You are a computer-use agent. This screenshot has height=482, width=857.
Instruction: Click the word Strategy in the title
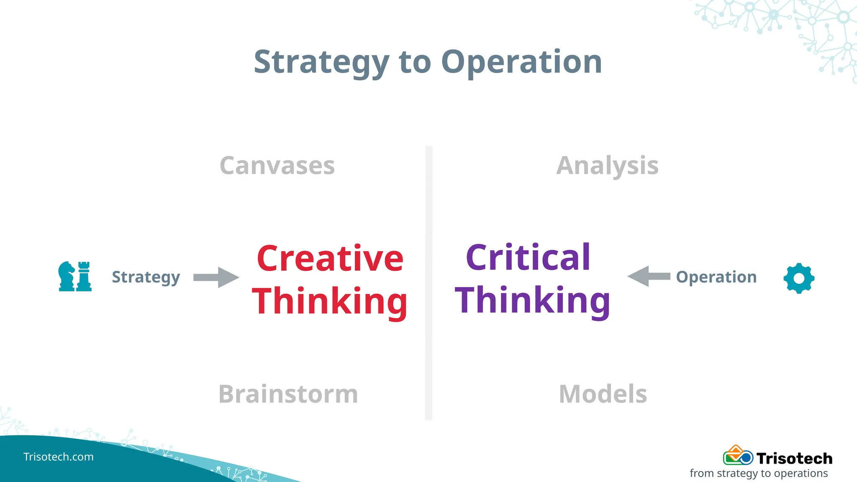321,62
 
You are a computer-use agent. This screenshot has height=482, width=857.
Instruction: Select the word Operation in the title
521,62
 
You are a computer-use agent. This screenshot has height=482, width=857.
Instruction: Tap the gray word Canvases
277,166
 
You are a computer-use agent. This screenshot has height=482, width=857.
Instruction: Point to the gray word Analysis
607,166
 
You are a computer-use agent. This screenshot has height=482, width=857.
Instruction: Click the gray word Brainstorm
288,394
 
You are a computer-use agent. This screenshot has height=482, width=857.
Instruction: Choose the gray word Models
603,394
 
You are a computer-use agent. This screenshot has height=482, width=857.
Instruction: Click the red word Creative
330,259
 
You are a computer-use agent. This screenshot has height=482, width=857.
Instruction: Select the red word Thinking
330,301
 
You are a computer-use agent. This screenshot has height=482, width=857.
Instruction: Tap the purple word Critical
528,257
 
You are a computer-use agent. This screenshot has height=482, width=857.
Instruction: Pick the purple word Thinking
532,300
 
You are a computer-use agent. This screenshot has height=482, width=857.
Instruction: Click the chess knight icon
66,276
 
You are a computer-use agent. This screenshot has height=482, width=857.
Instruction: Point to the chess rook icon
84,276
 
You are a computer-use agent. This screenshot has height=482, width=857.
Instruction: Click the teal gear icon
799,278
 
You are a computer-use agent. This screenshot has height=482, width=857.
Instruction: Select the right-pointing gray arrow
216,277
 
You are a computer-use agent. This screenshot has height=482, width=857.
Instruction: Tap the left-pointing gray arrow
649,276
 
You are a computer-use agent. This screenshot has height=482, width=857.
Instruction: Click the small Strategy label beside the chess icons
146,277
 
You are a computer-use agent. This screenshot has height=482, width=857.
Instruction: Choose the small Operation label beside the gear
716,277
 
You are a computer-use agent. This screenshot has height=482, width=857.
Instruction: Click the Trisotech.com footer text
59,457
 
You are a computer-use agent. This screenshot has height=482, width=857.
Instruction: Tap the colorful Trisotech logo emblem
738,456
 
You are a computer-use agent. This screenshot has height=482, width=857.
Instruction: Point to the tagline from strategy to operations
759,473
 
